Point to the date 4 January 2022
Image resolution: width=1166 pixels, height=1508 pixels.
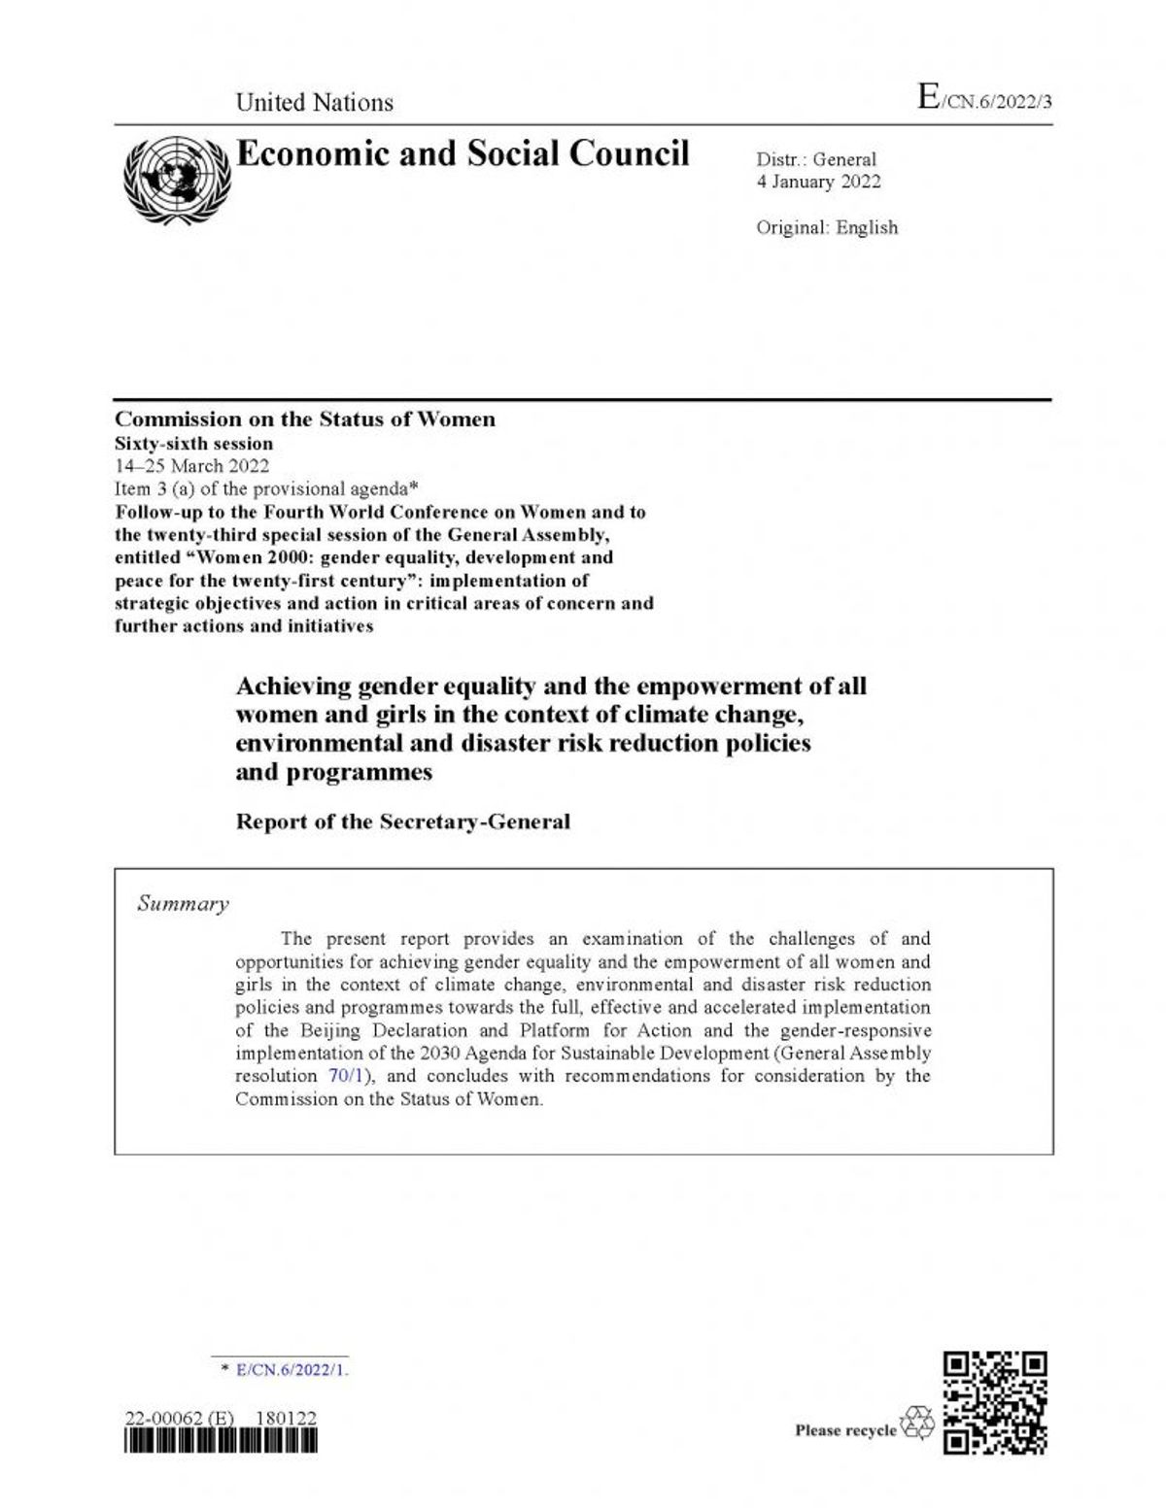click(x=818, y=182)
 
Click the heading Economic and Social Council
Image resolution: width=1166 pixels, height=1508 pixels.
click(x=463, y=153)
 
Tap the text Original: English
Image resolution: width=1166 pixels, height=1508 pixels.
click(x=827, y=228)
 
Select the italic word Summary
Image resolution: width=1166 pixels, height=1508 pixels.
click(x=183, y=904)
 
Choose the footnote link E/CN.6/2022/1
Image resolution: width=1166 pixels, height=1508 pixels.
click(x=291, y=1370)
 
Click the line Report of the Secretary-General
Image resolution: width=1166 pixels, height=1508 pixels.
click(x=403, y=821)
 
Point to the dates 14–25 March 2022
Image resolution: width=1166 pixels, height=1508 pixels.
click(x=192, y=465)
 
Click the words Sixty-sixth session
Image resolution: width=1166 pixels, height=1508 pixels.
click(x=193, y=443)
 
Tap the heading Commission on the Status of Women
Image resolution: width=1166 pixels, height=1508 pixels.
click(x=305, y=419)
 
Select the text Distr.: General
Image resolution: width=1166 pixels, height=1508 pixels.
click(x=816, y=160)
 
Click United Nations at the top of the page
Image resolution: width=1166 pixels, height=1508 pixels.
click(x=315, y=103)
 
